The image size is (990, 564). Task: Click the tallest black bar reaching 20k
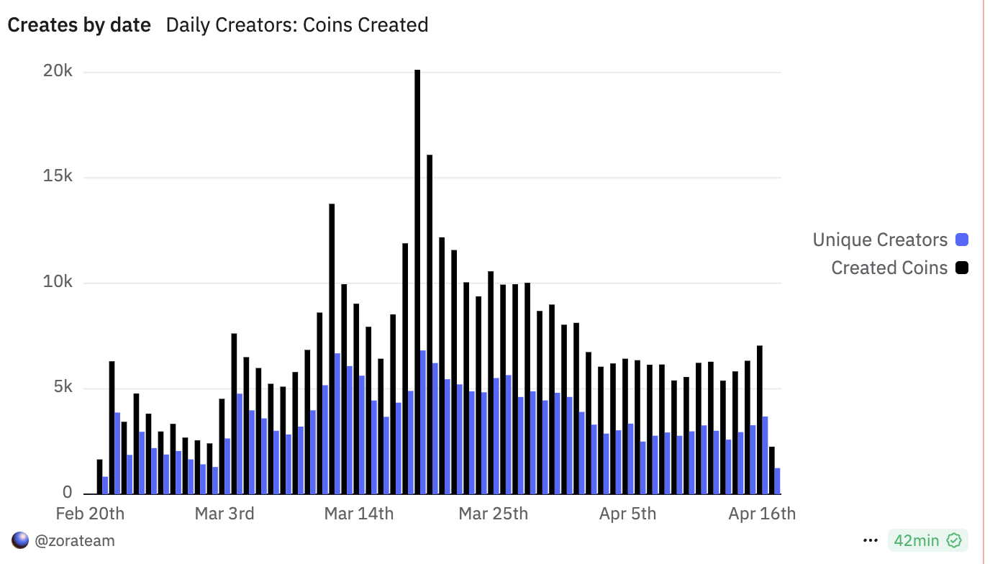point(417,281)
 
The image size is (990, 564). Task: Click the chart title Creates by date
point(79,25)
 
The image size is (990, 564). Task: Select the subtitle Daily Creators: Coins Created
point(297,25)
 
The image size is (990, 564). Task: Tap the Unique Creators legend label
point(880,240)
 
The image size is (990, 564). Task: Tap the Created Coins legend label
point(889,268)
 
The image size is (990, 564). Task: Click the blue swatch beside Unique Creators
point(962,240)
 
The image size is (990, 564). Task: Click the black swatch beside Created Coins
point(962,268)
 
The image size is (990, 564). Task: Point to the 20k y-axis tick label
point(58,71)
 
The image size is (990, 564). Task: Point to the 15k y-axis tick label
point(58,177)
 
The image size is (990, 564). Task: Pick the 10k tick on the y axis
point(58,282)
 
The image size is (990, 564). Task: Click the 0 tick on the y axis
point(68,493)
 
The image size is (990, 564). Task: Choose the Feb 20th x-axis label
point(90,514)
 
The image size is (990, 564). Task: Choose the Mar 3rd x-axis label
point(225,514)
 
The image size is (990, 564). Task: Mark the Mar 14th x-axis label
point(359,514)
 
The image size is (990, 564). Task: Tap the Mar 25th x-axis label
point(494,514)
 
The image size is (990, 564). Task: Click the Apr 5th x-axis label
point(627,514)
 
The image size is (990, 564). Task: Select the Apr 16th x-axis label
point(762,514)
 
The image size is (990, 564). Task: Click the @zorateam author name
point(74,540)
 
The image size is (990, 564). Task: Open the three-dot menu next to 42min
point(871,540)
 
